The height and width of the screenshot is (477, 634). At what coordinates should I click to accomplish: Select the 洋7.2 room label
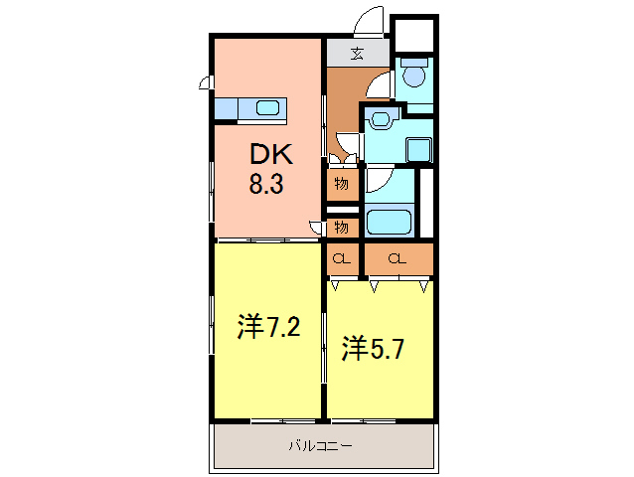(268, 327)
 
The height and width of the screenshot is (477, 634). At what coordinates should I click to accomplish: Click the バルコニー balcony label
(320, 445)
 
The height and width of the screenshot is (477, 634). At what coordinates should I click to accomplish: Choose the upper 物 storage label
(341, 184)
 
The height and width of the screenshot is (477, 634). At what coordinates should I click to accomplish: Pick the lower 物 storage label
(341, 228)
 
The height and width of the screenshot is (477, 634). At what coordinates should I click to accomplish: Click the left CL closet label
(341, 259)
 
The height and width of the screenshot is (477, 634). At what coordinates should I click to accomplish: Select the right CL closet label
(397, 259)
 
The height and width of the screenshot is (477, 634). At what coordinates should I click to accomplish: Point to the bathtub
(388, 221)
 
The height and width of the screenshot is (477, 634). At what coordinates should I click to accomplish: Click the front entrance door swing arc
(370, 22)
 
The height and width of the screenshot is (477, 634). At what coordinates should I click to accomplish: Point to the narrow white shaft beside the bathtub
(426, 203)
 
